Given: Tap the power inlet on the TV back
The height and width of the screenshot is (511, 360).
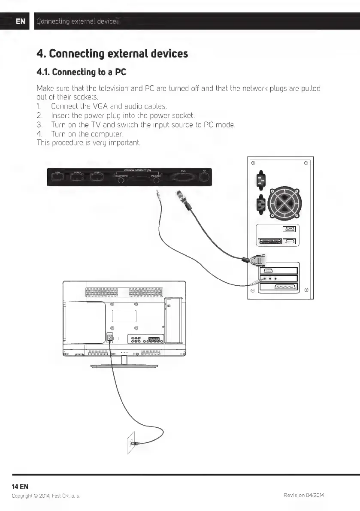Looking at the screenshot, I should click(x=110, y=339).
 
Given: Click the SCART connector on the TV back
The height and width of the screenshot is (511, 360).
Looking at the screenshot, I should click(x=154, y=341).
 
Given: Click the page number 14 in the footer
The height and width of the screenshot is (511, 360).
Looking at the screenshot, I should click(x=16, y=486).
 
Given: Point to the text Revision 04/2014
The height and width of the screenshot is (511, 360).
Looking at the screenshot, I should click(x=304, y=496).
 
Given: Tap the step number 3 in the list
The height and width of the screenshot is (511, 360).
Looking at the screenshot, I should click(x=39, y=124).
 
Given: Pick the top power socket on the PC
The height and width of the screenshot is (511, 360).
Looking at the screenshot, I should click(x=259, y=181).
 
